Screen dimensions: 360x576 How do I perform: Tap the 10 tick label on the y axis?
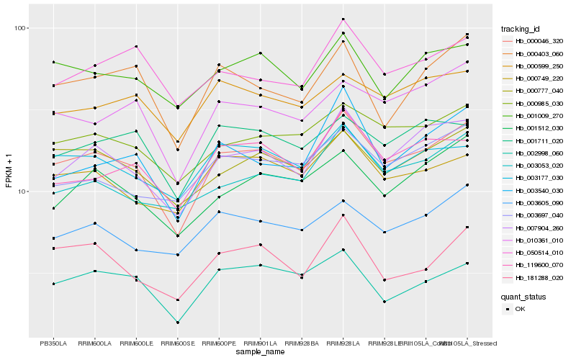tap(21, 192)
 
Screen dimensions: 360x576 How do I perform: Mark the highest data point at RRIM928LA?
tap(343, 19)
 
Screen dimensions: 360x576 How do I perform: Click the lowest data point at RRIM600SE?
tap(177, 323)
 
